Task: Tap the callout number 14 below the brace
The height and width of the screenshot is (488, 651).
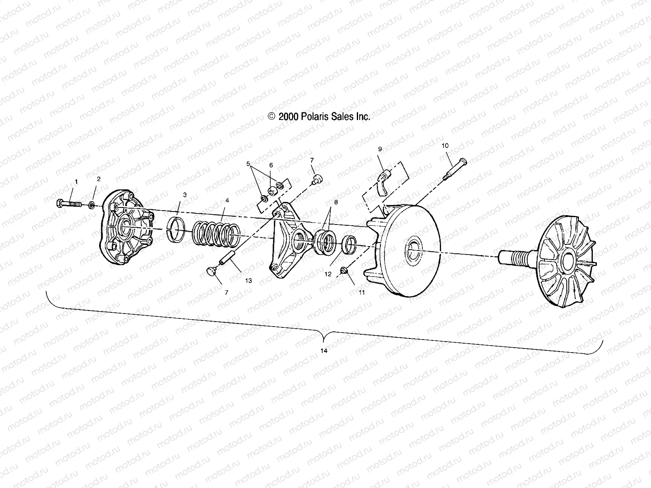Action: (x=324, y=351)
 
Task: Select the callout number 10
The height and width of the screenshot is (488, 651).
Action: (x=445, y=145)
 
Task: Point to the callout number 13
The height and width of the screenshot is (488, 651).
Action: (x=249, y=281)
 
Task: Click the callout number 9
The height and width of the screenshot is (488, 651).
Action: (x=380, y=149)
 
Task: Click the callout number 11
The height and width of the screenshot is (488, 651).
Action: (x=361, y=292)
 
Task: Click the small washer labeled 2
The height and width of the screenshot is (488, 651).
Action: (x=92, y=204)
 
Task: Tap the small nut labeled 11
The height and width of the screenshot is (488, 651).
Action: (x=345, y=270)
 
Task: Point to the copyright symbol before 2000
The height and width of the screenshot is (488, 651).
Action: (x=271, y=117)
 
